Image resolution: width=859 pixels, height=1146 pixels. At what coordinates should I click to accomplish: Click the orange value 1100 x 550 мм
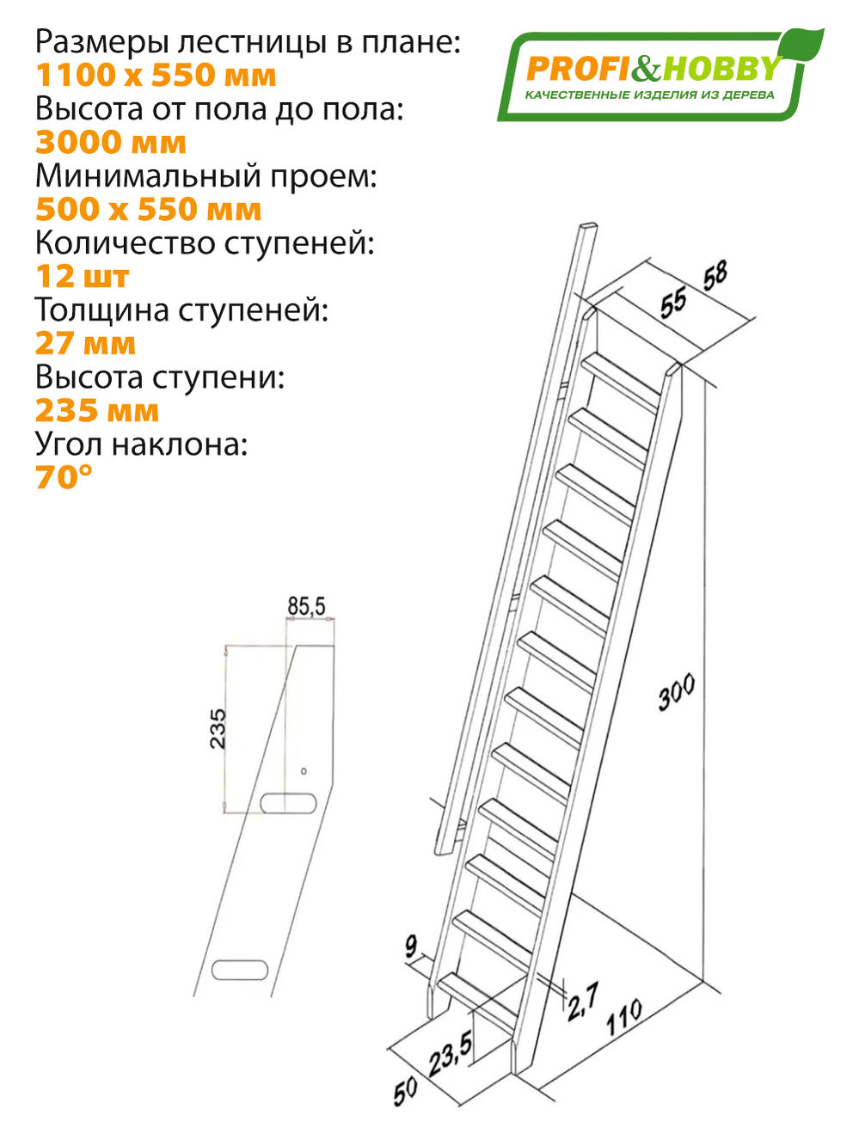156,76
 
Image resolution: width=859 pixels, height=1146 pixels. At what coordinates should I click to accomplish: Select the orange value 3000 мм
110,143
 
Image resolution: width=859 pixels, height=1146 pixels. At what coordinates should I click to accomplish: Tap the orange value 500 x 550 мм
148,210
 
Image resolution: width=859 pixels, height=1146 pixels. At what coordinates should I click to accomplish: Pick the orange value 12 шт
82,277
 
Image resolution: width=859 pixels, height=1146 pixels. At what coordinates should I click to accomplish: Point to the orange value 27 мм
85,344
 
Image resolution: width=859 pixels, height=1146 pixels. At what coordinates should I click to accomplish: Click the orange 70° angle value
64,477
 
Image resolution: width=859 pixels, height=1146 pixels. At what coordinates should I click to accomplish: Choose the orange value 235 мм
96,411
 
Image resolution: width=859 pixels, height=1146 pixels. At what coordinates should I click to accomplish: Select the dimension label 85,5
307,607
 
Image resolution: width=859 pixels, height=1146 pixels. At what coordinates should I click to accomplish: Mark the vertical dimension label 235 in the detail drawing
218,728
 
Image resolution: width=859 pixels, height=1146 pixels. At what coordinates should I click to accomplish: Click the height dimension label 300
677,693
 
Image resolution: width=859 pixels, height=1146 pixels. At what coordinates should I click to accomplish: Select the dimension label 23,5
451,1054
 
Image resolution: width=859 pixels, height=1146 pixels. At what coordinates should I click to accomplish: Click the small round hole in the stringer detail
303,770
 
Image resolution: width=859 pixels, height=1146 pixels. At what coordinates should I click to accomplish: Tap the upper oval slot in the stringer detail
288,803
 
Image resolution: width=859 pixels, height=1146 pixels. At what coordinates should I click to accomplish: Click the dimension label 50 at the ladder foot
405,1090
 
